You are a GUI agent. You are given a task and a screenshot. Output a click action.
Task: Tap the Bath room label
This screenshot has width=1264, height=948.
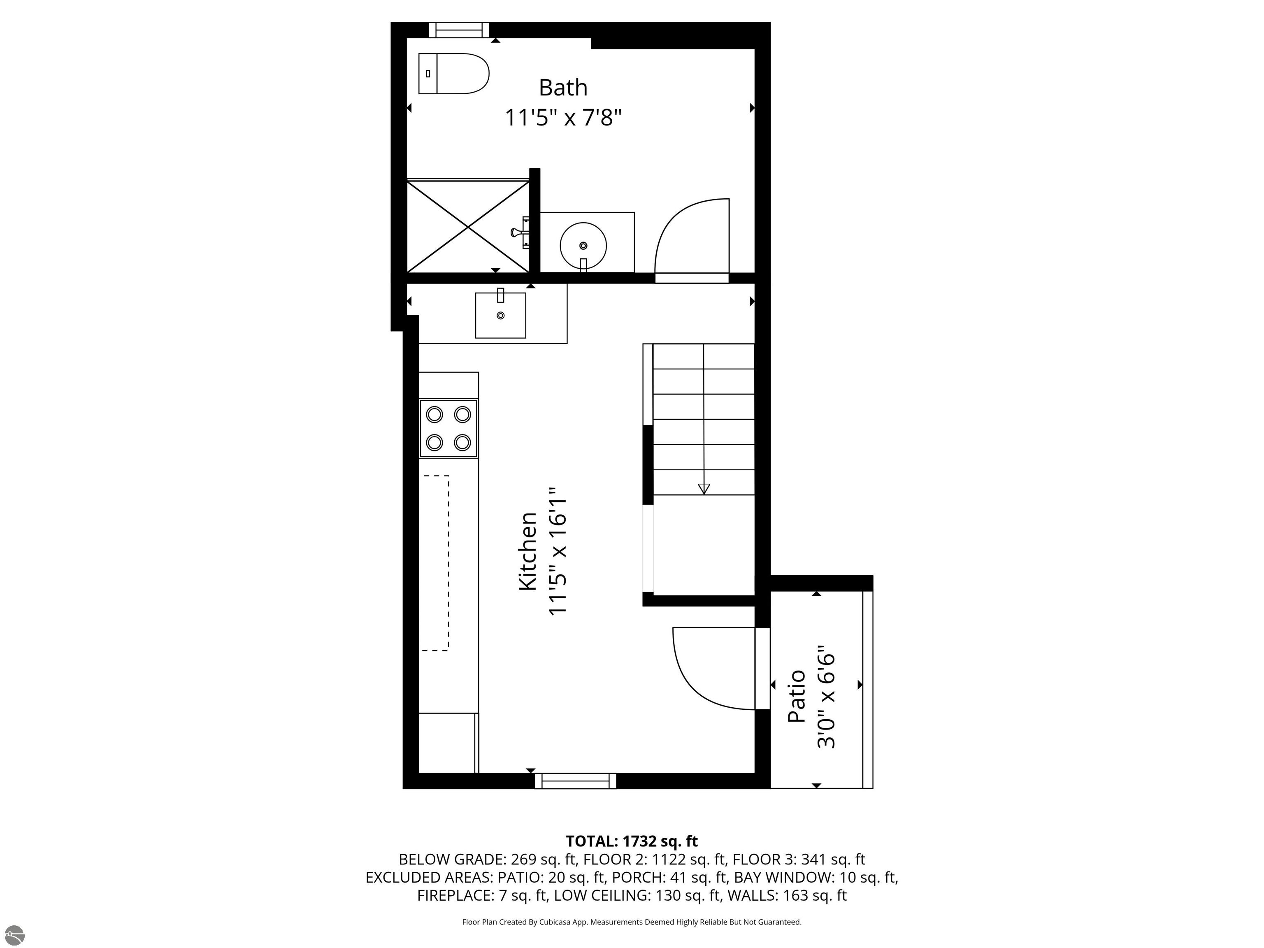pos(563,87)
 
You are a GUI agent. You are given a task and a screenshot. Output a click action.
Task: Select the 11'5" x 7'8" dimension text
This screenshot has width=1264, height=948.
pos(563,118)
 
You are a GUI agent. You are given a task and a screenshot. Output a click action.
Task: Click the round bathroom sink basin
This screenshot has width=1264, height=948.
pos(583,246)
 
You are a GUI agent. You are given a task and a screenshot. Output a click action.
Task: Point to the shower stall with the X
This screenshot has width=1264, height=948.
pos(468,227)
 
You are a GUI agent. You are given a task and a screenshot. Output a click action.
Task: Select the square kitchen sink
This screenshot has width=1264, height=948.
pos(501,316)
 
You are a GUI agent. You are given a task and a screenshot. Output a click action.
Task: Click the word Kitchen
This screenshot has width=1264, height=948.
pos(527,551)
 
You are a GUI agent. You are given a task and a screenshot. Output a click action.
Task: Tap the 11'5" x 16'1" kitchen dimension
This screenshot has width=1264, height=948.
pos(558,551)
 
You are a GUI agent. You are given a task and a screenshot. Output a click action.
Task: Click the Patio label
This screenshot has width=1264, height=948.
pos(797,697)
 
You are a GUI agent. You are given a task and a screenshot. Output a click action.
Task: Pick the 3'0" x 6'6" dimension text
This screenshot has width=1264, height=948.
pos(826,697)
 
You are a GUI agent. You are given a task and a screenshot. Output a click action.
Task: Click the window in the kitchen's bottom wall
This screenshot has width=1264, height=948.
pos(576,781)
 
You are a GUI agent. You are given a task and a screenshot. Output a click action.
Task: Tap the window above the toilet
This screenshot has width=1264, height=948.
pos(459,30)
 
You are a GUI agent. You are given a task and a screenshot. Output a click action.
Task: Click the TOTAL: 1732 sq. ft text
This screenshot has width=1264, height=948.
pos(632,841)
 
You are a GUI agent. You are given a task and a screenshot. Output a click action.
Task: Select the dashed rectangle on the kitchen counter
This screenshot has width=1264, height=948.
pos(435,563)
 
